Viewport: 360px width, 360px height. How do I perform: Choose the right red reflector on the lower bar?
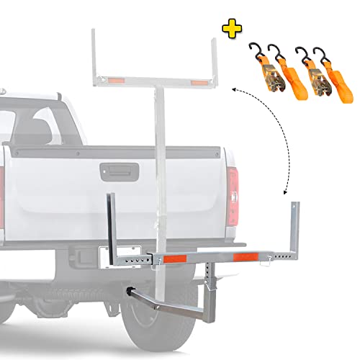pyautogui.click(x=244, y=257)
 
